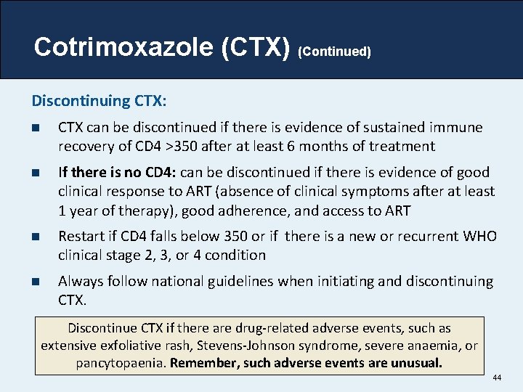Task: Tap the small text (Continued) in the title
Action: point(335,52)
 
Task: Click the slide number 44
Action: point(497,378)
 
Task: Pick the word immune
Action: point(458,128)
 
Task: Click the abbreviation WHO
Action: point(479,236)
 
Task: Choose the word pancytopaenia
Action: point(121,363)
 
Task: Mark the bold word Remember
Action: point(206,363)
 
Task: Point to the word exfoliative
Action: point(131,346)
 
